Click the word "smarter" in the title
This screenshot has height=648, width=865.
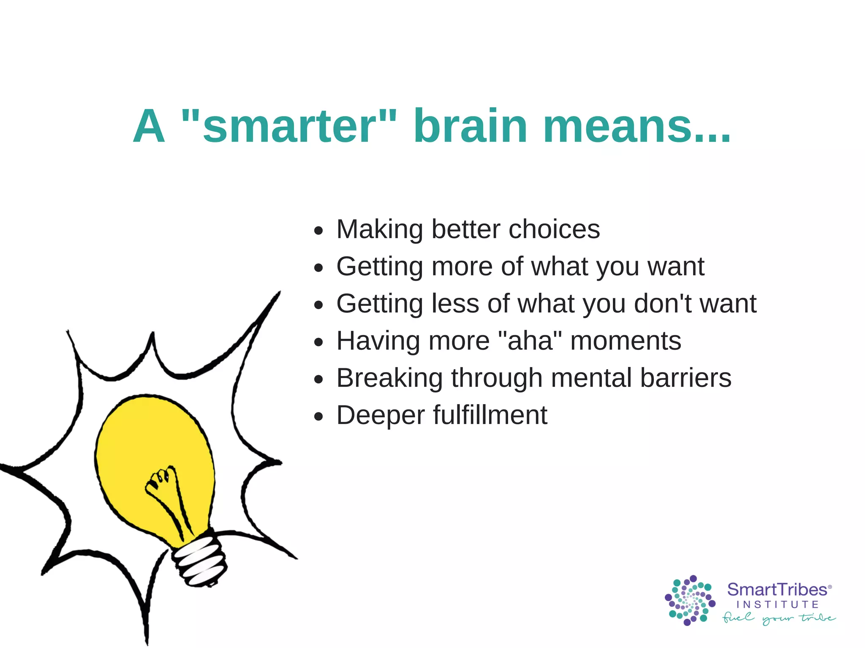point(289,127)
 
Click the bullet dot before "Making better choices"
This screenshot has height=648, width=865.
point(318,231)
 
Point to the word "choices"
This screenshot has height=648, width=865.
point(554,229)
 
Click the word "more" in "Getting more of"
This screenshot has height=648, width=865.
point(462,267)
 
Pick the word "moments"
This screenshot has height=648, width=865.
point(626,341)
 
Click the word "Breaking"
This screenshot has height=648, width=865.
point(389,378)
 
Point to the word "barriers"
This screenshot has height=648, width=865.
point(685,378)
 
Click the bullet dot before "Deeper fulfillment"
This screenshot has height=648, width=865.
point(318,417)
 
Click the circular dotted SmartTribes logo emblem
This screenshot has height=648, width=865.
point(690,600)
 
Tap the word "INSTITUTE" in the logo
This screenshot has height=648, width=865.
point(778,604)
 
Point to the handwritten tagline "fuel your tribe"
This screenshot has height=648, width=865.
point(778,618)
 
